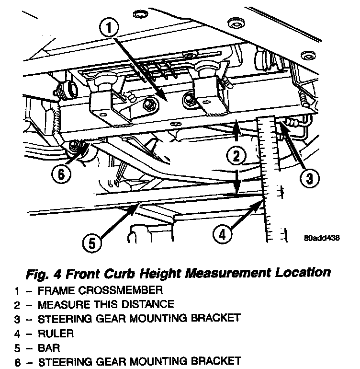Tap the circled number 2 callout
[236, 155]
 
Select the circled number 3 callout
[309, 179]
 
